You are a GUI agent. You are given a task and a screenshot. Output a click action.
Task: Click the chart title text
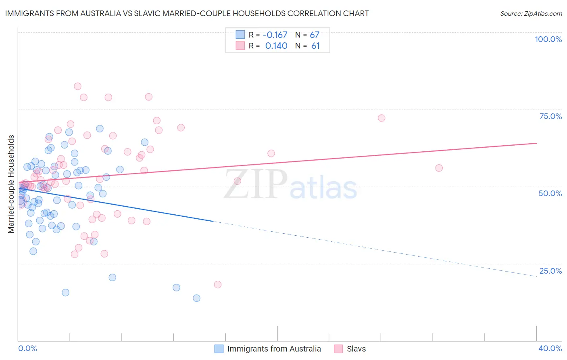click(187, 13)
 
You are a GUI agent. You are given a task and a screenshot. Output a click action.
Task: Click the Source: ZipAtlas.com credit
click(531, 13)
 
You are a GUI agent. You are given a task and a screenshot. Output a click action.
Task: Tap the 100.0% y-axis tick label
click(548, 39)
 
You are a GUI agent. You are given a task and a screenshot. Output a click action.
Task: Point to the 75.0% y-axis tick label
click(550, 116)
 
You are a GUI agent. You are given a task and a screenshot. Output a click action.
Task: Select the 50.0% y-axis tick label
click(550, 193)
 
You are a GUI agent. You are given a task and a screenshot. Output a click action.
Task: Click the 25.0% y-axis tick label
click(550, 270)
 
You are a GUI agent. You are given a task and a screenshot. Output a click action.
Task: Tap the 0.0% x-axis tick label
click(27, 348)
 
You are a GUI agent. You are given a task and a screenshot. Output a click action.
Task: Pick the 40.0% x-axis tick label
click(550, 348)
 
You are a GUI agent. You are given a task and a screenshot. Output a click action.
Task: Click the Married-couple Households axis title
click(11, 184)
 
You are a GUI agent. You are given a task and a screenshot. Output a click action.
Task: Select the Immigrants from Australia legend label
click(274, 349)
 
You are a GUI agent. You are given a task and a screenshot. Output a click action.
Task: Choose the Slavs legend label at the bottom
click(356, 349)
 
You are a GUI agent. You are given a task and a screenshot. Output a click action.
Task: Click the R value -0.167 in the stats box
click(275, 35)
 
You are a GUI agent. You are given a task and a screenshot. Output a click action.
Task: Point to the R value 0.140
click(276, 46)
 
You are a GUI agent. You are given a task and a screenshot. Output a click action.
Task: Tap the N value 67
click(315, 35)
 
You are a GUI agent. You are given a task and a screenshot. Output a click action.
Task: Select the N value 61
click(315, 46)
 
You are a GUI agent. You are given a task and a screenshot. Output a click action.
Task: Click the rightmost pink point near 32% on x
click(439, 168)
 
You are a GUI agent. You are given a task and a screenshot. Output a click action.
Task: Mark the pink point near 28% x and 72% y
click(381, 118)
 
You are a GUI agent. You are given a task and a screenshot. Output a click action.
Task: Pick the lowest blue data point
click(196, 298)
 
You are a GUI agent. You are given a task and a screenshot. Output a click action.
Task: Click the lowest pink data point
click(218, 285)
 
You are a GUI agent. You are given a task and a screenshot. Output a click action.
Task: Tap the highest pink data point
click(77, 86)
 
